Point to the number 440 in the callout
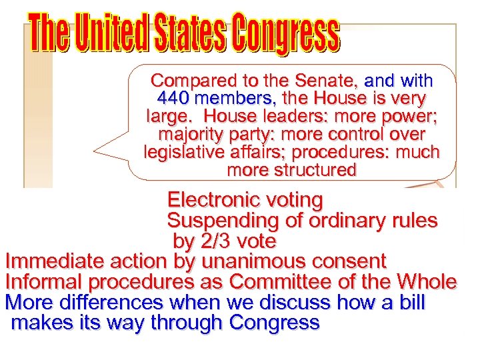pos(175,99)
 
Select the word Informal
pos(40,281)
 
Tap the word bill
pos(412,302)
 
